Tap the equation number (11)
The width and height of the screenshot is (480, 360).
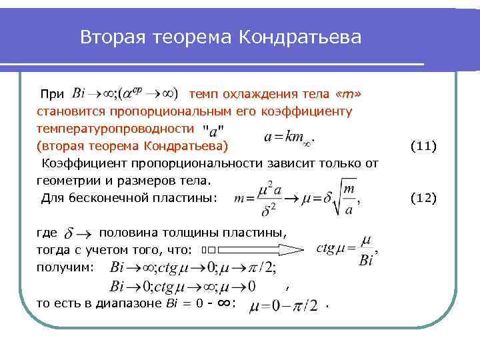tap(423, 145)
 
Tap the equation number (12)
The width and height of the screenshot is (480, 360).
tap(423, 197)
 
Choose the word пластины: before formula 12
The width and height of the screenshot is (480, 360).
tap(187, 198)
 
